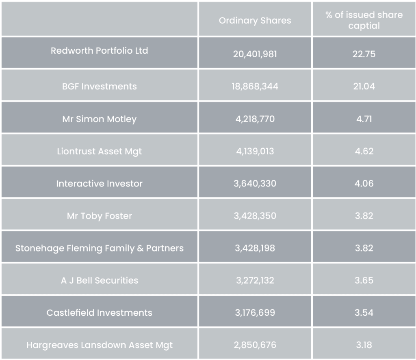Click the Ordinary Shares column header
pos(255,21)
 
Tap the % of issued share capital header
pos(364,20)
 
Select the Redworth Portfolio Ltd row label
pos(99,51)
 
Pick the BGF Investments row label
pos(99,86)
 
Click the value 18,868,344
pos(255,87)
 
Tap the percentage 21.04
pos(364,87)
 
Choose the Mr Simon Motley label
pos(99,119)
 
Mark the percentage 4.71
pos(364,119)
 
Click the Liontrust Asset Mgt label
pos(99,151)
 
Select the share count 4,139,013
pos(255,151)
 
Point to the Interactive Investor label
pos(99,184)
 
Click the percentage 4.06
pos(364,184)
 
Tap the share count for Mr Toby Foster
pos(255,216)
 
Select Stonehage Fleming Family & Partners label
pos(99,248)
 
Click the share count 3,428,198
pos(255,248)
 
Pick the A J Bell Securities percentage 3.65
pos(364,280)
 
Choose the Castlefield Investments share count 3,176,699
pos(255,312)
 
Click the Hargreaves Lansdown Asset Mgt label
pos(99,345)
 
